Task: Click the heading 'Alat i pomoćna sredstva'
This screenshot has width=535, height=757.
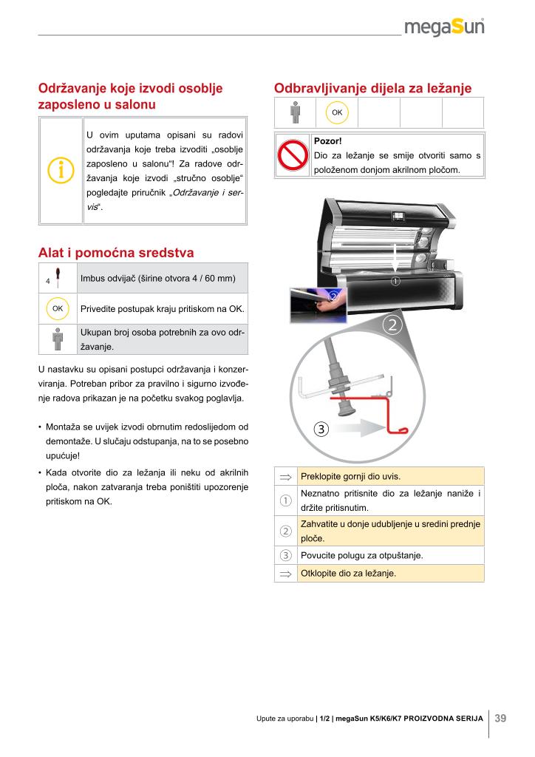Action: point(116,253)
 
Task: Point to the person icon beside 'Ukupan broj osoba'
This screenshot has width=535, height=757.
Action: point(58,339)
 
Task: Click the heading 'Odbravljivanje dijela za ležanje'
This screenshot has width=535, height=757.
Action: point(372,89)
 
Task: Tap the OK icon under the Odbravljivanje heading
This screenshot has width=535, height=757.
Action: point(337,112)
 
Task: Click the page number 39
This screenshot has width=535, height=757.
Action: point(500,718)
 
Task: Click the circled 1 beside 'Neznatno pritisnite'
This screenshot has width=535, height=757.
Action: point(285,501)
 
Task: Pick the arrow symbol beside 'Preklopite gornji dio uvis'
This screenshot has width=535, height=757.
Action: point(285,476)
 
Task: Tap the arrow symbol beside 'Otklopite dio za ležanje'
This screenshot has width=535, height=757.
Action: point(285,574)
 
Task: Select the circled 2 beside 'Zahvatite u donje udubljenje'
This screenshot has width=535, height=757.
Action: point(285,532)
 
